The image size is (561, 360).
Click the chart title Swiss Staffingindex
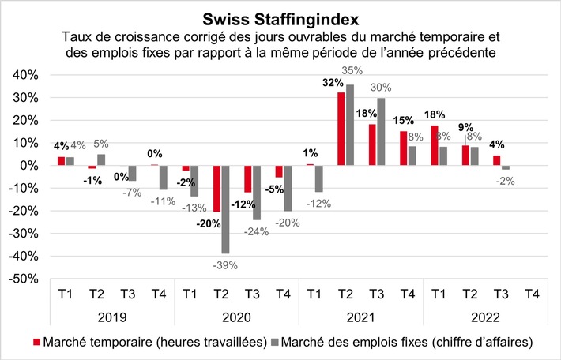tap(280, 17)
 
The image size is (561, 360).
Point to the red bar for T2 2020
tap(216, 189)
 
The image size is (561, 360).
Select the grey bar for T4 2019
tap(164, 178)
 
